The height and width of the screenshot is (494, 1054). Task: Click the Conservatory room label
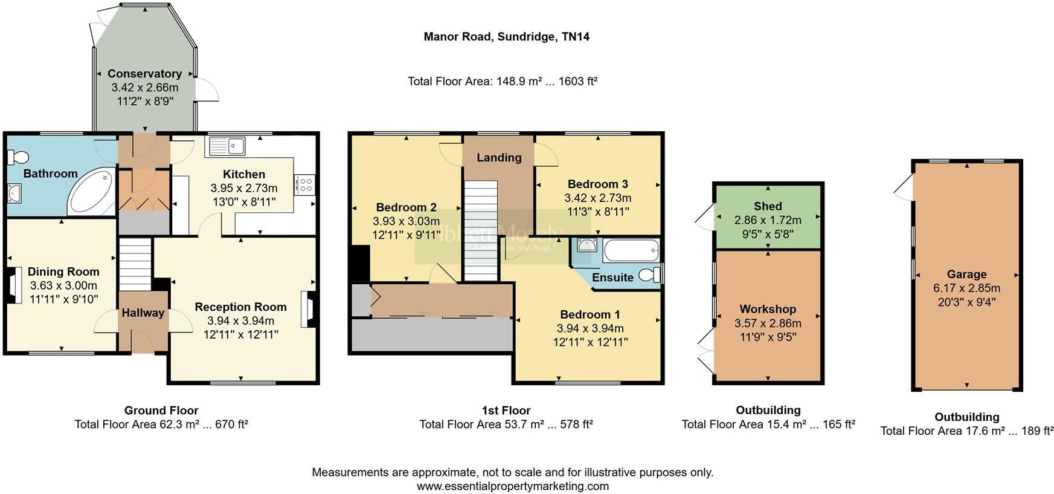(144, 74)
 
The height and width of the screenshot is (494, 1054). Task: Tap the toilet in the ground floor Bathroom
(18, 157)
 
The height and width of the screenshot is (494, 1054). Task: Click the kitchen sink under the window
(227, 146)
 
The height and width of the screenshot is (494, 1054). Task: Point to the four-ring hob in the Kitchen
(304, 184)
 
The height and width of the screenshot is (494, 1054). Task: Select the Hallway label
(143, 313)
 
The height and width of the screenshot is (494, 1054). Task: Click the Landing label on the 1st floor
(499, 158)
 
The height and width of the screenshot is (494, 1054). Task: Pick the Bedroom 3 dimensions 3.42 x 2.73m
(597, 198)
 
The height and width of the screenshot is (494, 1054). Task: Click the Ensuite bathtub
(631, 250)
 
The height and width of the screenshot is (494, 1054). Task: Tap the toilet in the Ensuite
(651, 275)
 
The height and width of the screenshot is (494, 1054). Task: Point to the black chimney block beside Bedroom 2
(360, 263)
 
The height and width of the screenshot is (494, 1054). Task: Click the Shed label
(767, 206)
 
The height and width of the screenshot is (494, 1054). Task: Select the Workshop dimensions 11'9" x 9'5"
(767, 337)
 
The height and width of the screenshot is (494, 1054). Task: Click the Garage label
(966, 274)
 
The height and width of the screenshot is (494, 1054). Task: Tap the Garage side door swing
(903, 187)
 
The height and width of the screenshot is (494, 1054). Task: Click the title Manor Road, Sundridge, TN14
(506, 37)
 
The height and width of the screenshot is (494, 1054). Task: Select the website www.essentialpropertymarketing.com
(512, 486)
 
